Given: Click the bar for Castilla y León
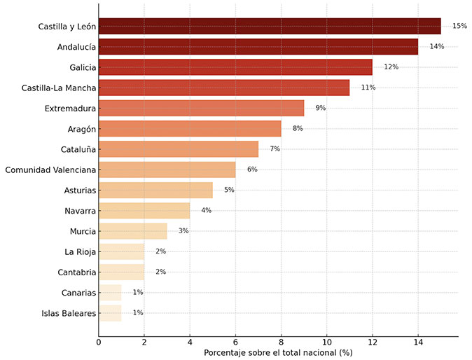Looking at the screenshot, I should click(270, 27).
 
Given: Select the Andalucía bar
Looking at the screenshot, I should click(258, 47).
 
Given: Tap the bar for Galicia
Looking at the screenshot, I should click(235, 67).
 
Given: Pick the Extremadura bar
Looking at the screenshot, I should click(201, 108).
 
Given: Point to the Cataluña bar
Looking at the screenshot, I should click(179, 149).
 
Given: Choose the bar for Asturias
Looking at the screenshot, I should click(155, 190).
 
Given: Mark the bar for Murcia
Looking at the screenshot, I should click(133, 231).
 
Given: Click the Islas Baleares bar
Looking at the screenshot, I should click(110, 312).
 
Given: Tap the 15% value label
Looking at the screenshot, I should click(459, 27).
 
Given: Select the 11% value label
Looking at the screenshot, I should click(368, 88).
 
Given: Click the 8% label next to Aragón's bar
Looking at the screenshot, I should click(298, 129).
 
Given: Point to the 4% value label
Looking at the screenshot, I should click(207, 210).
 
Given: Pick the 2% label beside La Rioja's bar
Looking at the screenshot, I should click(161, 251).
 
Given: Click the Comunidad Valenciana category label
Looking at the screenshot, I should click(50, 169).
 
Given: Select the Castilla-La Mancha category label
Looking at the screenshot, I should click(59, 88).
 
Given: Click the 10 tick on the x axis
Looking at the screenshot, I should click(327, 342).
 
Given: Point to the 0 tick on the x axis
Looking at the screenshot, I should click(99, 342).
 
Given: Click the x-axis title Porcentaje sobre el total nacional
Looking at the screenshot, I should click(278, 352).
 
